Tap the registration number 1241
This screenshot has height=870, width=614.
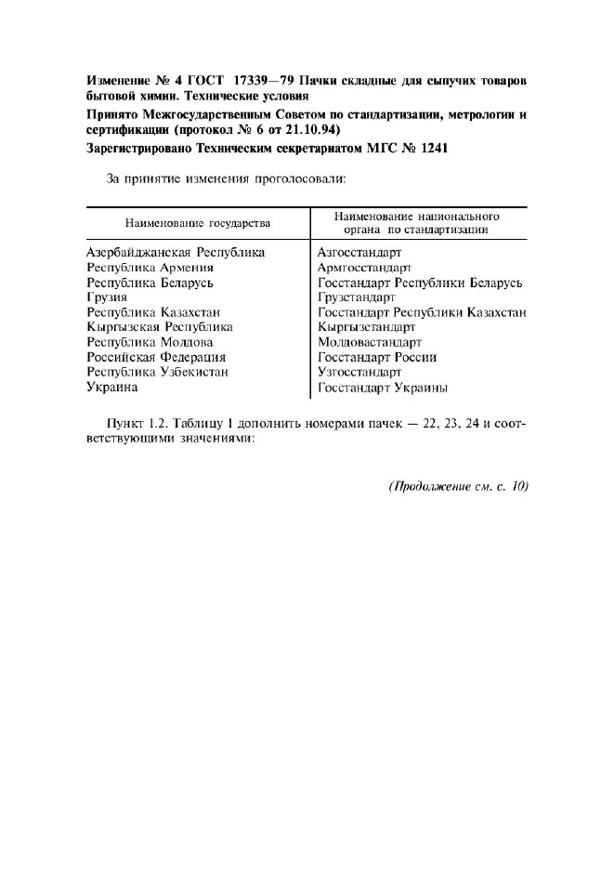(435, 148)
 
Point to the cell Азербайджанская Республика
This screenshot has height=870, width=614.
(175, 252)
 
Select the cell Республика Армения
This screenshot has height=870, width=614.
(150, 267)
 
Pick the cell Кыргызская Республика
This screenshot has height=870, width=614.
(159, 327)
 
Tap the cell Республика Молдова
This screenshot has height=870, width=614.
(150, 342)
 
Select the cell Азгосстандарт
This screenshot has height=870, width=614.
(359, 252)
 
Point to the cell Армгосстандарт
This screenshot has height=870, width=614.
(364, 267)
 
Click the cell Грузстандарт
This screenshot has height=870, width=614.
(357, 297)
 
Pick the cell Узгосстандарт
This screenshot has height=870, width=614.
(359, 372)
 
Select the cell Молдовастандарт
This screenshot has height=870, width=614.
(369, 342)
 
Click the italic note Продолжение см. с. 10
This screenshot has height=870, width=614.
(458, 486)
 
